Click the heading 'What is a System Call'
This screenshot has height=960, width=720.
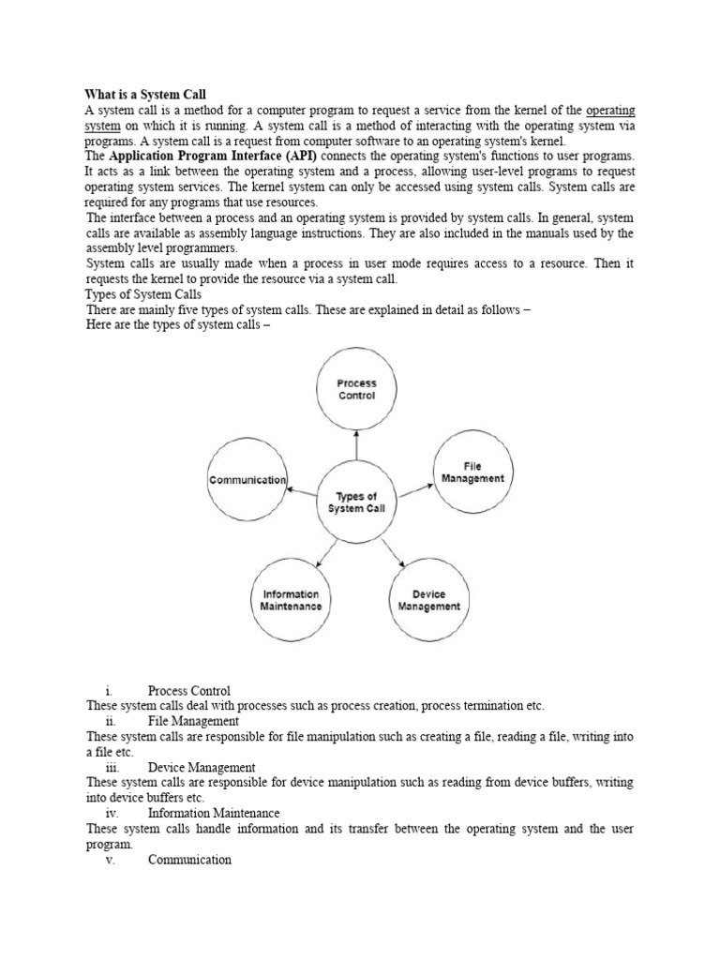145,95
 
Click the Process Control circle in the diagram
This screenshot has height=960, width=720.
356,389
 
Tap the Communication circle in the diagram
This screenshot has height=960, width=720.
247,479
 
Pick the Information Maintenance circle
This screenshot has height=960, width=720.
291,599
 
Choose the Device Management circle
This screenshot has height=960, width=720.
428,599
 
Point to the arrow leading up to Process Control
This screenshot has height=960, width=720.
356,445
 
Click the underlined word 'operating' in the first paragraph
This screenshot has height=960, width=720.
610,110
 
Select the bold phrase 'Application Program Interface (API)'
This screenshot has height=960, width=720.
212,155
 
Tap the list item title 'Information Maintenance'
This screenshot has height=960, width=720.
214,813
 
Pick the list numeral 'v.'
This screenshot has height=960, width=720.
110,860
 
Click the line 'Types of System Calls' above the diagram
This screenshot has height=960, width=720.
144,293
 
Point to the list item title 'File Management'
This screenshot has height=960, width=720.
193,721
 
